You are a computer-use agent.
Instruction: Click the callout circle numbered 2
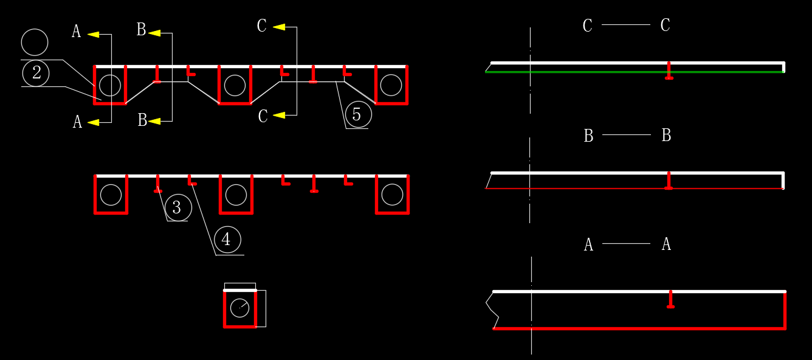(36, 73)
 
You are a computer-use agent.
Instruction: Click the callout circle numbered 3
(177, 207)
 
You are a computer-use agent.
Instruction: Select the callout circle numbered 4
(226, 240)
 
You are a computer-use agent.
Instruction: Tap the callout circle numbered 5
(357, 114)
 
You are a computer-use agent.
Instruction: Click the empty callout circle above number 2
(34, 43)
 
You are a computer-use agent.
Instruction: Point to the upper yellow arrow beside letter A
(93, 35)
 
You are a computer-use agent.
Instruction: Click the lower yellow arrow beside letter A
(93, 122)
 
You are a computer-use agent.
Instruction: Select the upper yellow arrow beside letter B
(154, 33)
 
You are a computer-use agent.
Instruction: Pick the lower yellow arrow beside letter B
(154, 121)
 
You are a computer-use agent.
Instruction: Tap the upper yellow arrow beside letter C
(279, 27)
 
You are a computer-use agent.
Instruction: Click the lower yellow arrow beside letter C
(279, 115)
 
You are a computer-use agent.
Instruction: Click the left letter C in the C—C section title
(587, 26)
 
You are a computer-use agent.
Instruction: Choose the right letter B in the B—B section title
(666, 136)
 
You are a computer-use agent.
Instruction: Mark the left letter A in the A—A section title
(588, 245)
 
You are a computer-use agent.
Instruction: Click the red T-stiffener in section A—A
(670, 300)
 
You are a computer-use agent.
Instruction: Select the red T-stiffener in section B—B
(669, 181)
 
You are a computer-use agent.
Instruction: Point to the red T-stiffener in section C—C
(669, 71)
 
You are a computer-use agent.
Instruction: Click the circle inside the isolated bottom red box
(239, 309)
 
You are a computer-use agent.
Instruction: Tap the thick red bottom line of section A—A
(638, 328)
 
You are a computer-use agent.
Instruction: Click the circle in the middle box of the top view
(235, 85)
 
